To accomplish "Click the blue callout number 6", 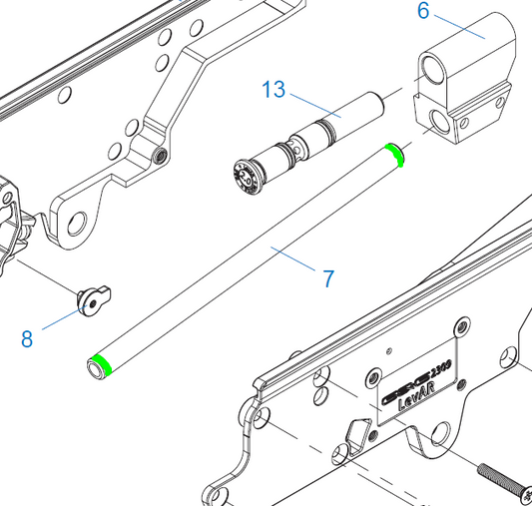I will tap(423, 11).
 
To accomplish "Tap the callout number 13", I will tap(273, 90).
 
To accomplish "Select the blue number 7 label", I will tap(328, 278).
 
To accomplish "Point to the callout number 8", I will tap(27, 338).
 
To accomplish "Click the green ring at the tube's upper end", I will tap(395, 153).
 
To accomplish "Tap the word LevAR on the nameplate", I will tap(413, 405).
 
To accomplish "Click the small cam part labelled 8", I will tap(95, 297).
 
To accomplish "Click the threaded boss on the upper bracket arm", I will tap(161, 156).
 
